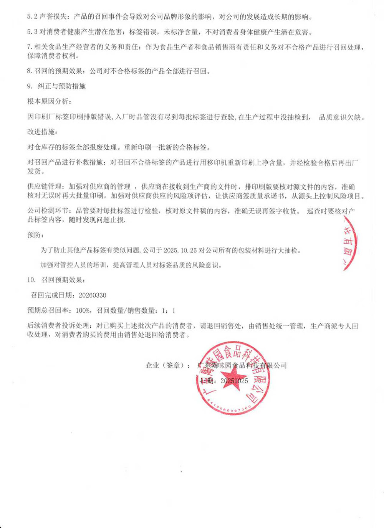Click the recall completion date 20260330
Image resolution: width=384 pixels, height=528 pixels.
[93, 295]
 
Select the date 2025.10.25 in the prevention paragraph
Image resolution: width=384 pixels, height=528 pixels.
[180, 250]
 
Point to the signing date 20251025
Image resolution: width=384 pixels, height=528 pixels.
[234, 381]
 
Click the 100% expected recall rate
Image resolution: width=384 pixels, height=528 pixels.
[83, 311]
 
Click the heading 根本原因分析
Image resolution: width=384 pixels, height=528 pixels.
[48, 101]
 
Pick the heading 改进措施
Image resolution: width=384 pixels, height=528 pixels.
[41, 132]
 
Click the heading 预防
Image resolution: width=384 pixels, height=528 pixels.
[34, 235]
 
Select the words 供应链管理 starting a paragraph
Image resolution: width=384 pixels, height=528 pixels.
[44, 187]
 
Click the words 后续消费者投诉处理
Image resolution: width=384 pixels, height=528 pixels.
[58, 326]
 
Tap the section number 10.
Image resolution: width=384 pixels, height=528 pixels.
[31, 280]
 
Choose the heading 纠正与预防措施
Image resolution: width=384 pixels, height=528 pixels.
[61, 86]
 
